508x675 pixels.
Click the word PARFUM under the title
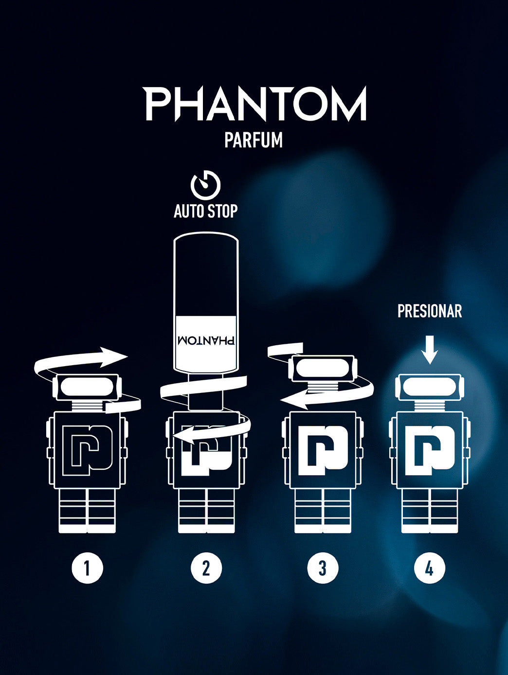(x=254, y=140)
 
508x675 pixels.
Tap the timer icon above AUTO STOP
(x=205, y=184)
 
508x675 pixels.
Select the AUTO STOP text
(x=206, y=212)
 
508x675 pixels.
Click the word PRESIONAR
(x=430, y=311)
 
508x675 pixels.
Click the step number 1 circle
(x=87, y=568)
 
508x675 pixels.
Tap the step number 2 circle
(x=206, y=568)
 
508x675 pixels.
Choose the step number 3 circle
(x=322, y=568)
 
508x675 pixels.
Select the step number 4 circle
(x=429, y=568)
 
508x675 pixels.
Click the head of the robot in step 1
(x=88, y=387)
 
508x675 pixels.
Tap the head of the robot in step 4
(x=430, y=388)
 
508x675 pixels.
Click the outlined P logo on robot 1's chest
(x=88, y=450)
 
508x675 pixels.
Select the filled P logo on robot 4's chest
(x=430, y=450)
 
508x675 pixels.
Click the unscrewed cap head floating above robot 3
(x=322, y=368)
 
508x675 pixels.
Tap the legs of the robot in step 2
(x=206, y=511)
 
